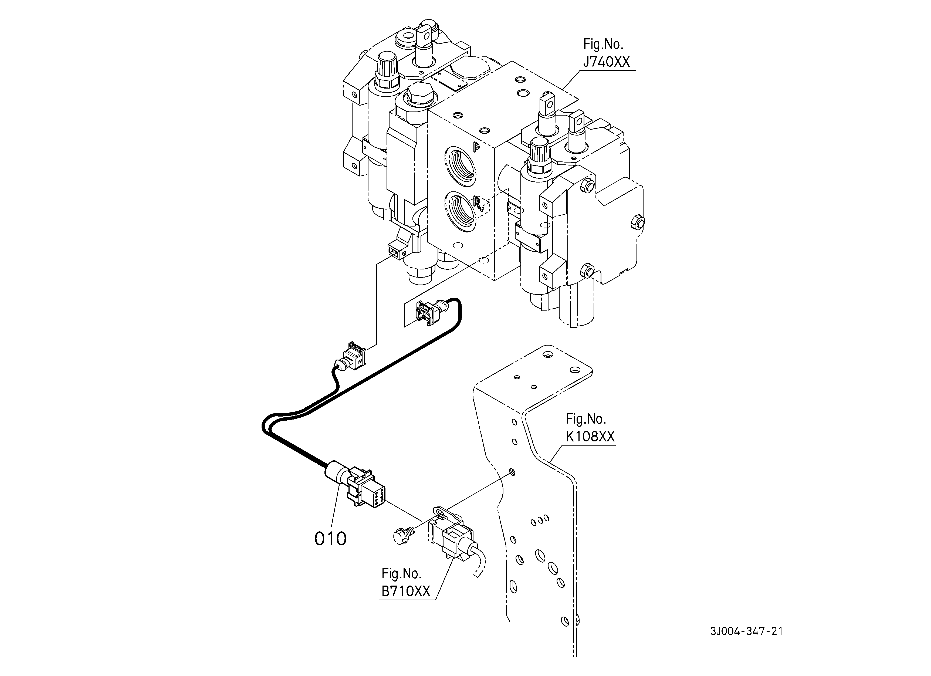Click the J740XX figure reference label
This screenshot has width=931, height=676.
(x=606, y=53)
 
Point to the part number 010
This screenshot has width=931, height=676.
(x=330, y=539)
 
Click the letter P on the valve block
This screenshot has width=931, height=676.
(x=476, y=147)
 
